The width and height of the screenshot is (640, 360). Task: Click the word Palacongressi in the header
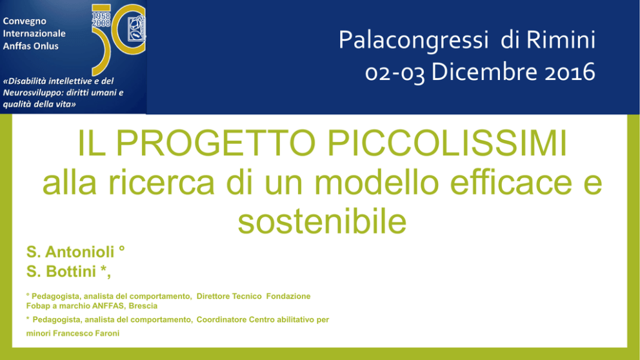coord(413,41)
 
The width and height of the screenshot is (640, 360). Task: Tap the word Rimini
coord(561,39)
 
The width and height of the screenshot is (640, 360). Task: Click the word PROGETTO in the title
coord(216,143)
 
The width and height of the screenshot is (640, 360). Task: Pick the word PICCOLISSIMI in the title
coord(447,143)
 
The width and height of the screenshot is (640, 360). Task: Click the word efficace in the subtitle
coord(511,183)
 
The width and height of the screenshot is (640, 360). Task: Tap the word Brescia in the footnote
coord(143,306)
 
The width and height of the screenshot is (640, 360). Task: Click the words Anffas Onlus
coord(30,46)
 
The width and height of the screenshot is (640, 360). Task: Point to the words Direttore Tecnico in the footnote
coord(229,296)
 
